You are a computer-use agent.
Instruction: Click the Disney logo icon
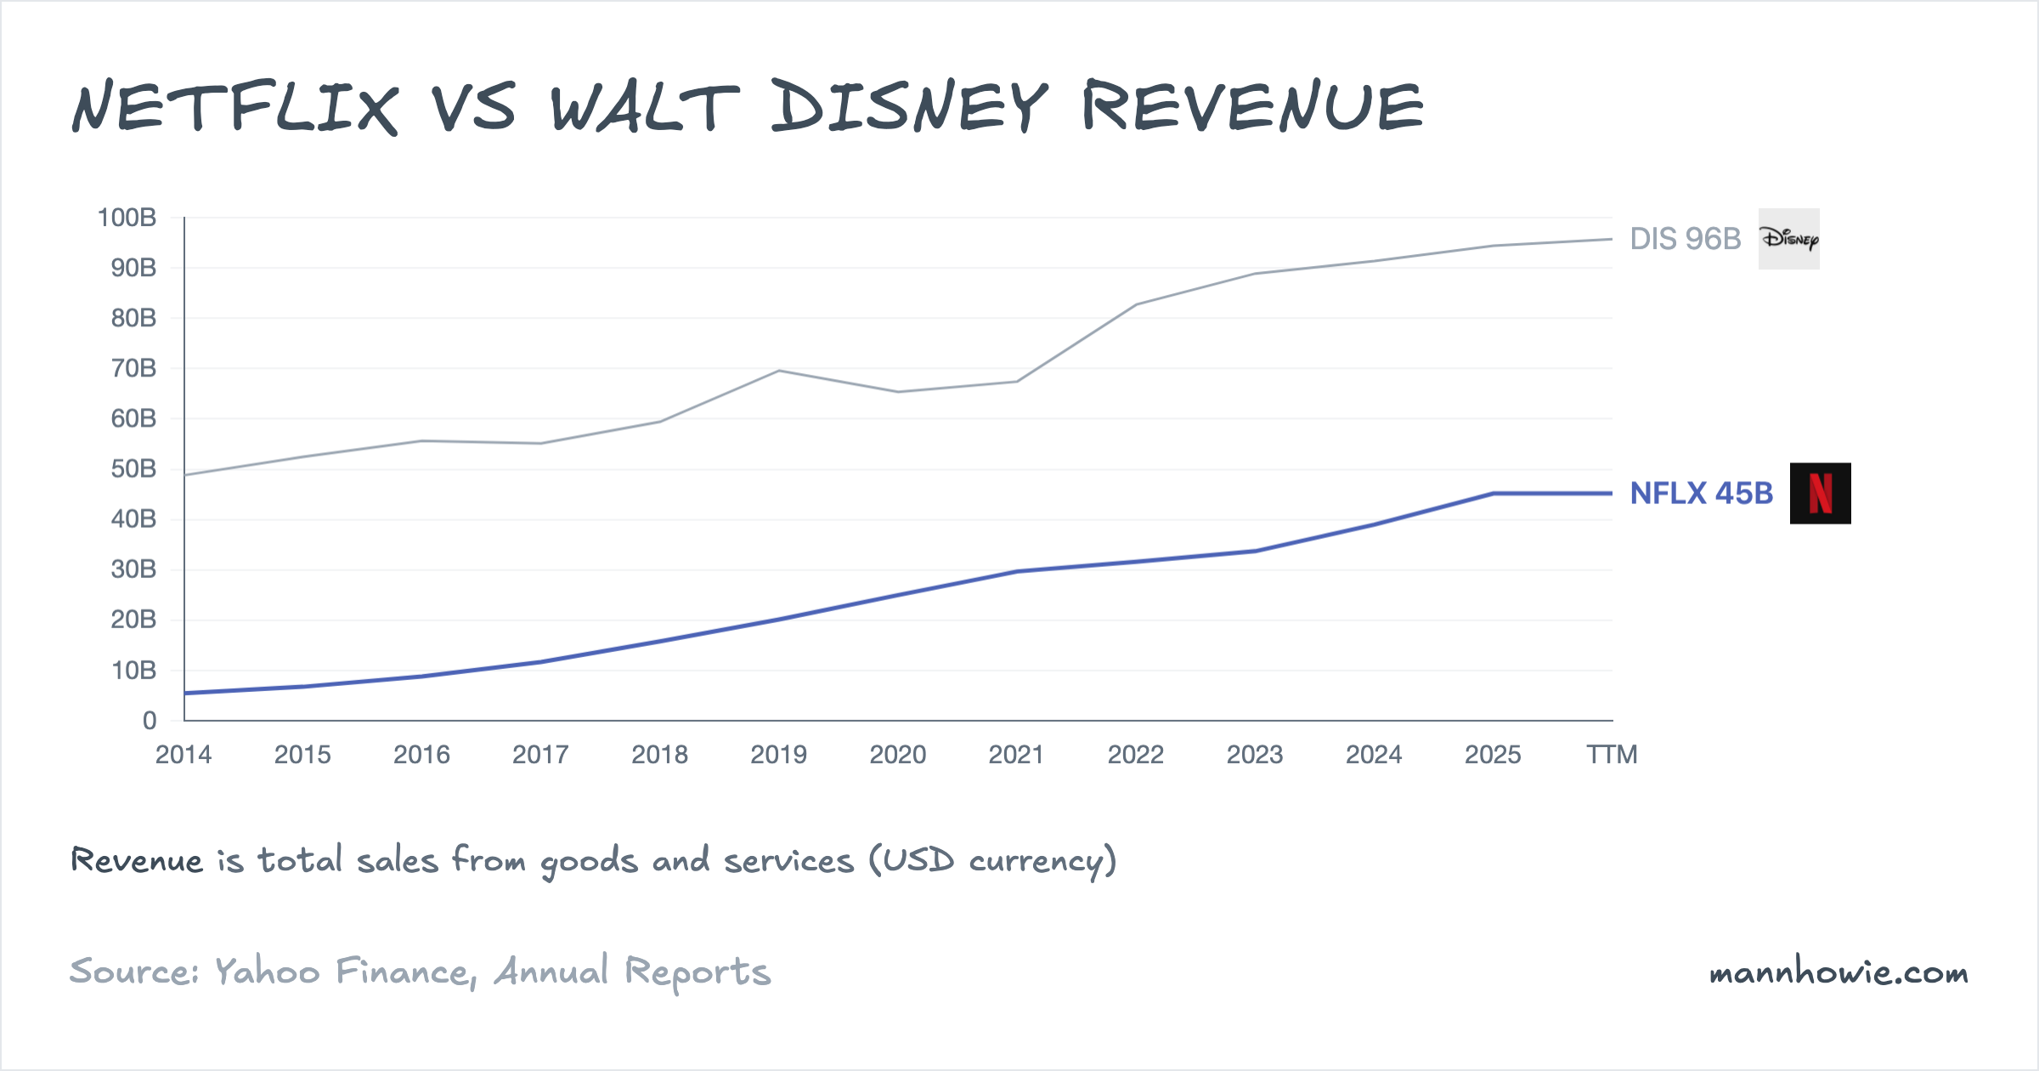(x=1788, y=239)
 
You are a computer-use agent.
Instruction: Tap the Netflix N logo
(x=1820, y=493)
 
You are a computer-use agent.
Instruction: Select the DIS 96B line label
(x=1685, y=239)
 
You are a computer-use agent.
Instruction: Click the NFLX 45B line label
(x=1701, y=493)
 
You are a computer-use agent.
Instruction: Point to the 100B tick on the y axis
(x=127, y=218)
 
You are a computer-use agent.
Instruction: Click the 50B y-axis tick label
(x=133, y=468)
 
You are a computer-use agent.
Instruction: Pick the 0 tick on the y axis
(x=150, y=721)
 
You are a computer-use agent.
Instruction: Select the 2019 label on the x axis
(x=778, y=755)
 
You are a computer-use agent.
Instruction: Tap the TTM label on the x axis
(x=1612, y=755)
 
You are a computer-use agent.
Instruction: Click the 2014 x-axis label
(x=184, y=755)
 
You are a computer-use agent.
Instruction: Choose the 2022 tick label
(x=1135, y=755)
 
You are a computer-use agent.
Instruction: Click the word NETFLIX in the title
(x=235, y=107)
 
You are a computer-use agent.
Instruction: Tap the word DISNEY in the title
(x=910, y=107)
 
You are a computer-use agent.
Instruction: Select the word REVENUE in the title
(x=1252, y=107)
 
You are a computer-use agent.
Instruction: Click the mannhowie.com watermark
(x=1838, y=972)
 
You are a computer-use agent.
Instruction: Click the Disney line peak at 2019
(x=779, y=371)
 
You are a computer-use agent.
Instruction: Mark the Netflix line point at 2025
(x=1493, y=493)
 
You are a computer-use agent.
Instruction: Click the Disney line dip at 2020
(x=898, y=392)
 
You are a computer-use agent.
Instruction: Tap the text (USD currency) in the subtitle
(x=992, y=861)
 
